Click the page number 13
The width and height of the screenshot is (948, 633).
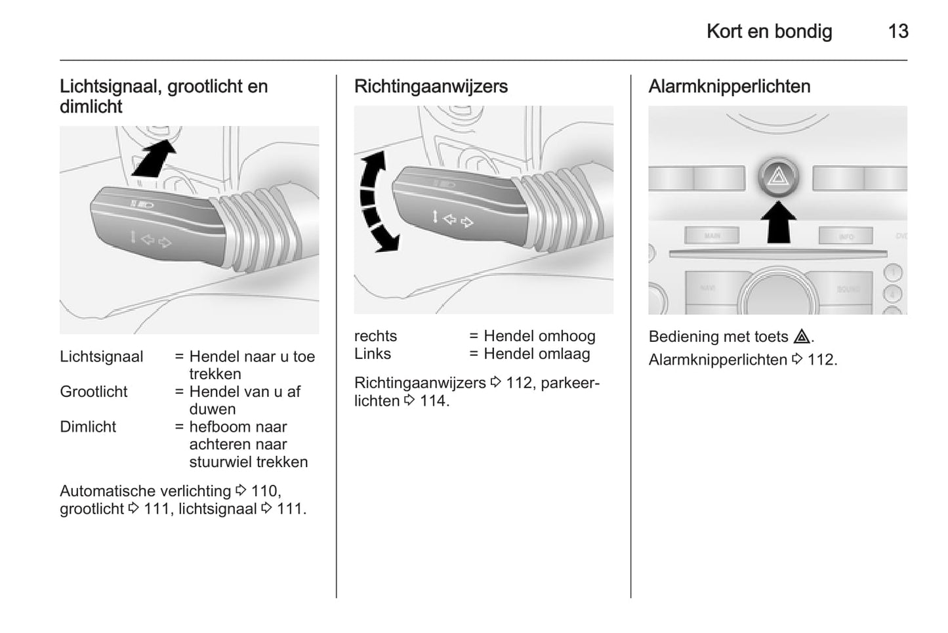pyautogui.click(x=897, y=31)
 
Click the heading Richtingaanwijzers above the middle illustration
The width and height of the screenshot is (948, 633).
pyautogui.click(x=430, y=87)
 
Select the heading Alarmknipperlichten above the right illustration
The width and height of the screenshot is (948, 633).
pyautogui.click(x=729, y=87)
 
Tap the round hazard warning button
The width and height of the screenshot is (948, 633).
pyautogui.click(x=778, y=177)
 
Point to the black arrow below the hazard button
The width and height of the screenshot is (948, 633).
pyautogui.click(x=778, y=222)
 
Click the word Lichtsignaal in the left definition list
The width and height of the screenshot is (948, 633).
pyautogui.click(x=101, y=357)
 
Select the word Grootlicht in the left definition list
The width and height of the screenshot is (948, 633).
pyautogui.click(x=93, y=392)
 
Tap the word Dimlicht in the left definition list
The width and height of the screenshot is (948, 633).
pyautogui.click(x=88, y=427)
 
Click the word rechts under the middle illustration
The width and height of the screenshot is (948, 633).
pyautogui.click(x=375, y=336)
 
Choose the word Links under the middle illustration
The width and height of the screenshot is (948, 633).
pyautogui.click(x=372, y=354)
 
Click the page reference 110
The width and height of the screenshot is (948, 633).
pyautogui.click(x=265, y=491)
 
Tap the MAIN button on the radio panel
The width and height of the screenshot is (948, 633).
pyautogui.click(x=712, y=235)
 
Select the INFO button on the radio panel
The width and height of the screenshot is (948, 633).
pyautogui.click(x=846, y=236)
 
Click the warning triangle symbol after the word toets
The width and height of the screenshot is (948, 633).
pyautogui.click(x=801, y=337)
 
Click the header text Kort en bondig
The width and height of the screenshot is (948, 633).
pyautogui.click(x=769, y=31)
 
